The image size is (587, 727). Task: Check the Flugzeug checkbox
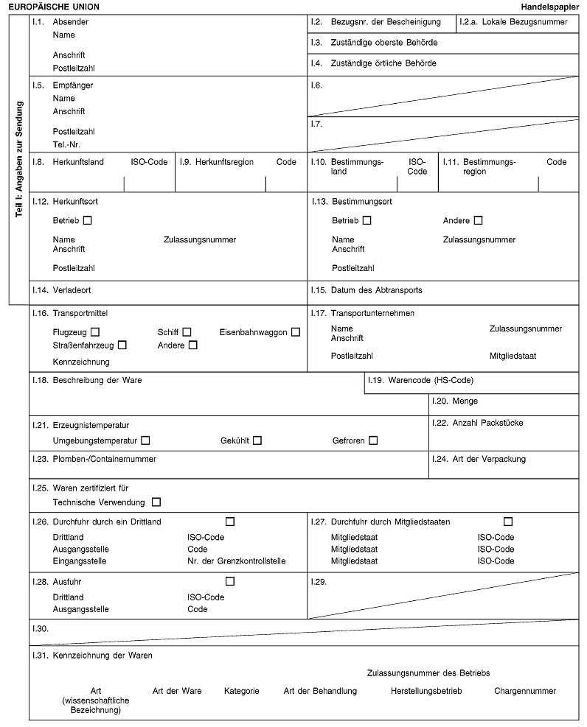pyautogui.click(x=96, y=332)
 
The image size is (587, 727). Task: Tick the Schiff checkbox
pyautogui.click(x=187, y=332)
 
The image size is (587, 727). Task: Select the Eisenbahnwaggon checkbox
pyautogui.click(x=295, y=332)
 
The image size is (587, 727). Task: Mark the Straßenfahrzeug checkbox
pyautogui.click(x=122, y=345)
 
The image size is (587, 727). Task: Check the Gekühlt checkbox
pyautogui.click(x=257, y=440)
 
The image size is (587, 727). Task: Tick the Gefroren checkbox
pyautogui.click(x=373, y=440)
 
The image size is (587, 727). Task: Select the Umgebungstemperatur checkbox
pyautogui.click(x=145, y=440)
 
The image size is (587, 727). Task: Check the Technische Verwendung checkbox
pyautogui.click(x=156, y=502)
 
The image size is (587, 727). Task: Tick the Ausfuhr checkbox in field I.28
pyautogui.click(x=230, y=582)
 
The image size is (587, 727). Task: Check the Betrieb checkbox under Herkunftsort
pyautogui.click(x=88, y=220)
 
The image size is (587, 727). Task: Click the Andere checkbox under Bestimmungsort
pyautogui.click(x=479, y=220)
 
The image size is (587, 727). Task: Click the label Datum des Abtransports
pyautogui.click(x=377, y=290)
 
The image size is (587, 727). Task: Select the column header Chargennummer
pyautogui.click(x=525, y=691)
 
